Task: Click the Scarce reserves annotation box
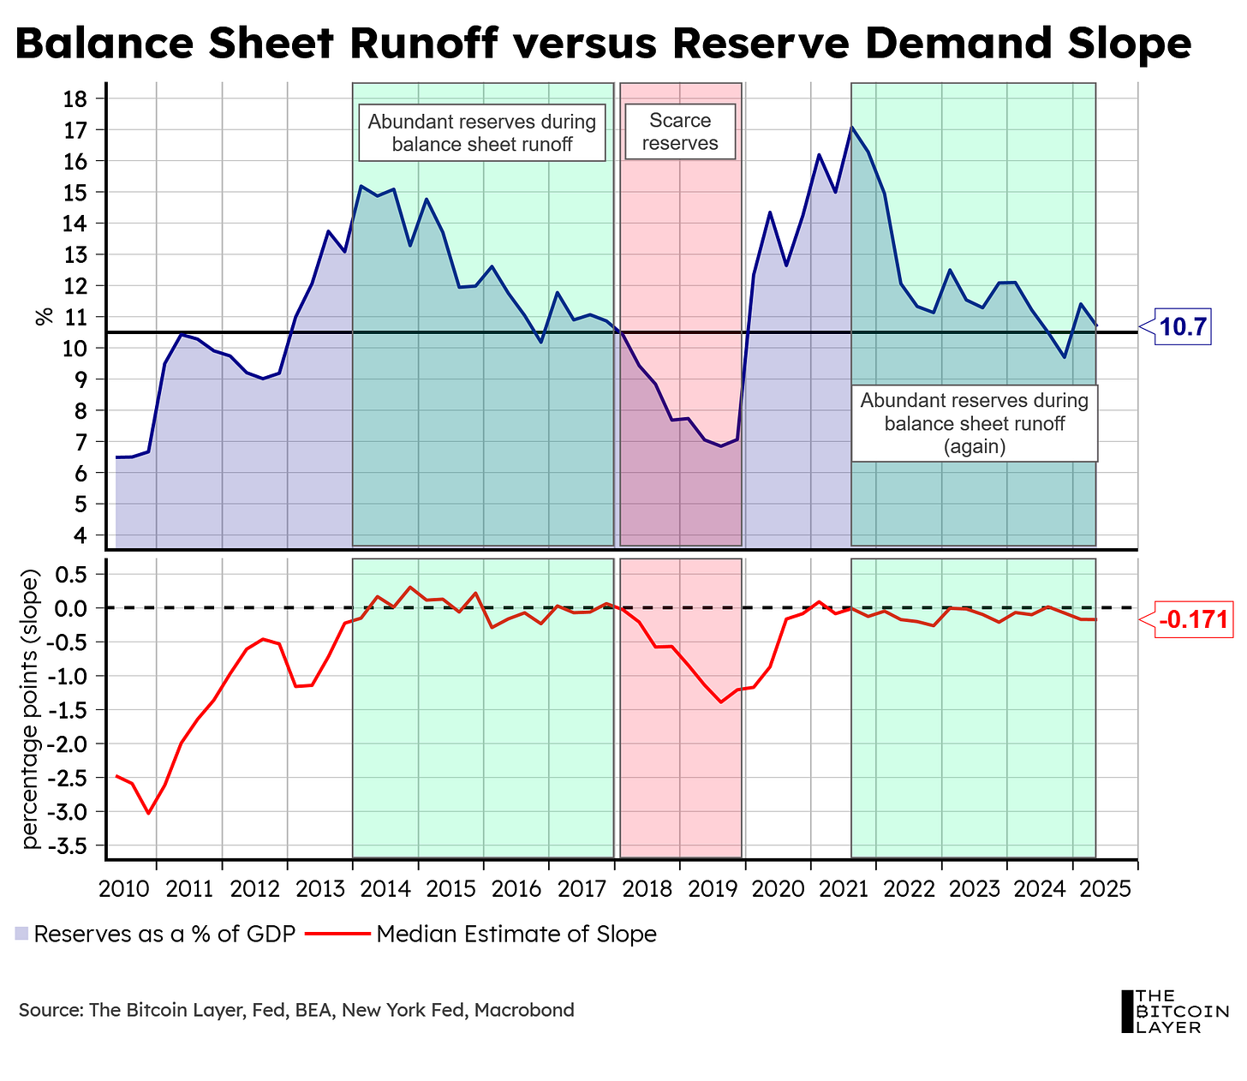click(680, 132)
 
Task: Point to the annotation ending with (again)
click(975, 424)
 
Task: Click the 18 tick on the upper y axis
click(77, 99)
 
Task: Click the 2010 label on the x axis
click(124, 887)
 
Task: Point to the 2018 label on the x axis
click(647, 887)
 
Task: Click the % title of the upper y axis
click(43, 316)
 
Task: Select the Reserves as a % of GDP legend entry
click(156, 934)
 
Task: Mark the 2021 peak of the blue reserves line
click(850, 128)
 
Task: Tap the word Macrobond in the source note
click(524, 1010)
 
